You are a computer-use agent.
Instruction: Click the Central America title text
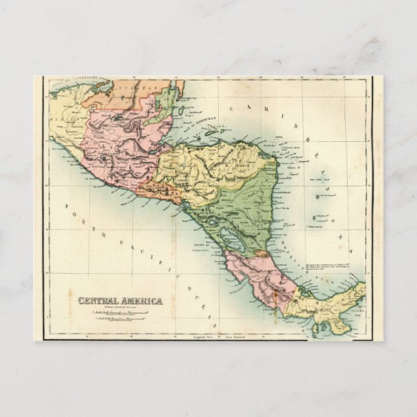tap(120, 300)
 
